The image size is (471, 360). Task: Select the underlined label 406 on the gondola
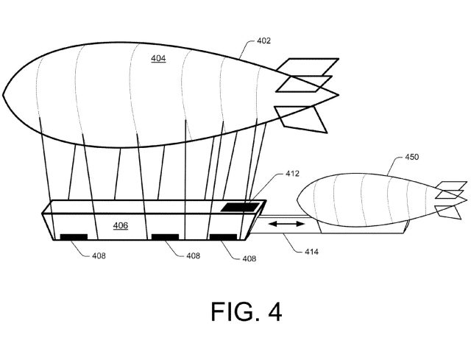click(121, 225)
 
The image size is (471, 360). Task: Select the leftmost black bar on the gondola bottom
click(73, 236)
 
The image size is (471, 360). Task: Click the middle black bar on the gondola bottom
click(166, 236)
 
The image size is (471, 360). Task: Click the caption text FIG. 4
click(235, 312)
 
